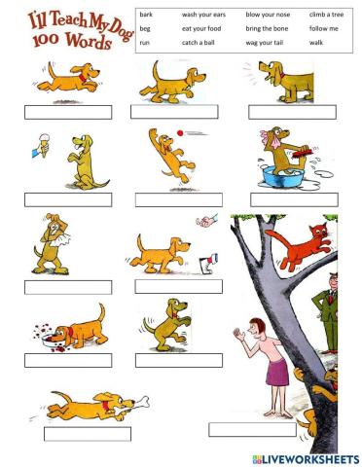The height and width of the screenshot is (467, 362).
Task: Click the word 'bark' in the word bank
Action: (146, 16)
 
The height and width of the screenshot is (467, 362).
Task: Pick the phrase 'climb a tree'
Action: (327, 16)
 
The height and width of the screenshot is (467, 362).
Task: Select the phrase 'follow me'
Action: (324, 29)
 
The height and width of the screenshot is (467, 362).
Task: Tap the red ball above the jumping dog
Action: (179, 131)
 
